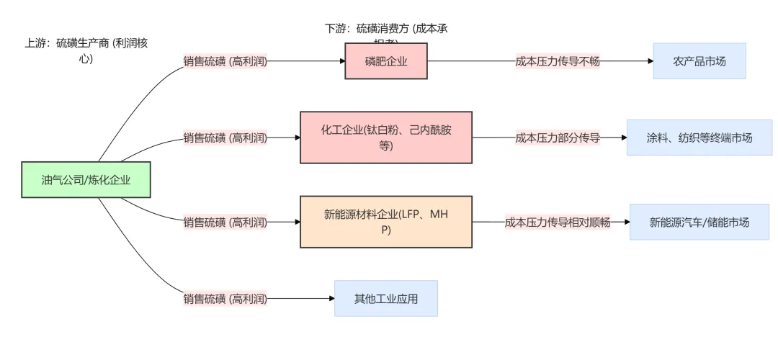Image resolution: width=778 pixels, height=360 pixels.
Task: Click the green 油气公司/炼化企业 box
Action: pos(86,180)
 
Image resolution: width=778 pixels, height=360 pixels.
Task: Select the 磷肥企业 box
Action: pos(386,61)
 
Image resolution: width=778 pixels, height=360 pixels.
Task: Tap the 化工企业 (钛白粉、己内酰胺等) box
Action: pos(386,137)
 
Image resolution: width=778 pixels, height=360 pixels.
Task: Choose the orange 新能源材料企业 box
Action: pos(386,222)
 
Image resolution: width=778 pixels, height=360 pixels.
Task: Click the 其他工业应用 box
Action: pos(386,298)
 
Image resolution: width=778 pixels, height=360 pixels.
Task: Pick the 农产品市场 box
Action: pos(699,61)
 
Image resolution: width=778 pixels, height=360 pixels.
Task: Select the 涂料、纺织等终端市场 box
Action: pos(699,137)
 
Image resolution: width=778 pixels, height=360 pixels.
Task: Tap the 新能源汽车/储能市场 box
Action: pos(699,222)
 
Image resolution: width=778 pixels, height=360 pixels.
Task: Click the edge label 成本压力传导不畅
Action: pos(558,61)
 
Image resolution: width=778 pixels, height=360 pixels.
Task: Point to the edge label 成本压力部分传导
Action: pos(558,137)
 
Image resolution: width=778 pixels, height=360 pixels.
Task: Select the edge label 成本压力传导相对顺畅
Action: pos(558,222)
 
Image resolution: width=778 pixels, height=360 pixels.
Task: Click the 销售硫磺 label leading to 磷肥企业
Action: pos(225,61)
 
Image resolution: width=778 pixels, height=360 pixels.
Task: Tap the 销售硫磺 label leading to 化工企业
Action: pos(225,137)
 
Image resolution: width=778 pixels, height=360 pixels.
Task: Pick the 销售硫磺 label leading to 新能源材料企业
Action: pos(225,222)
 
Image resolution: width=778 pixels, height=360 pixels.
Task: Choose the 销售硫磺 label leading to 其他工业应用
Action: pos(225,298)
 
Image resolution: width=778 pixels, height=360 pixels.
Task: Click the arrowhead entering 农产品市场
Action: pos(649,61)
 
